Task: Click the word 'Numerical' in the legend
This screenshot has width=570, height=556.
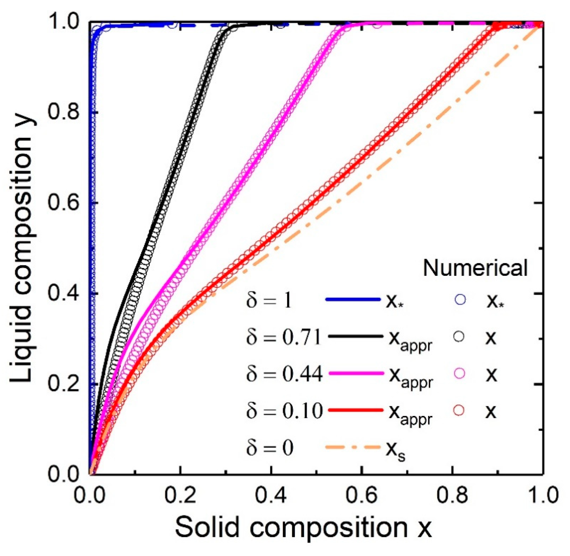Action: tap(476, 268)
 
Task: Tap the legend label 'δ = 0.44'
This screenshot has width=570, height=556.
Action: tap(284, 374)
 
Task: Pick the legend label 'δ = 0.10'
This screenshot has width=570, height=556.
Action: tap(284, 411)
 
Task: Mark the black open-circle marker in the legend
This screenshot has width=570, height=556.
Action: tap(459, 337)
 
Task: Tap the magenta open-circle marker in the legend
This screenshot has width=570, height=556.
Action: tap(459, 373)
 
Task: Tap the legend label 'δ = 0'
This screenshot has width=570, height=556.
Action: tap(269, 448)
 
